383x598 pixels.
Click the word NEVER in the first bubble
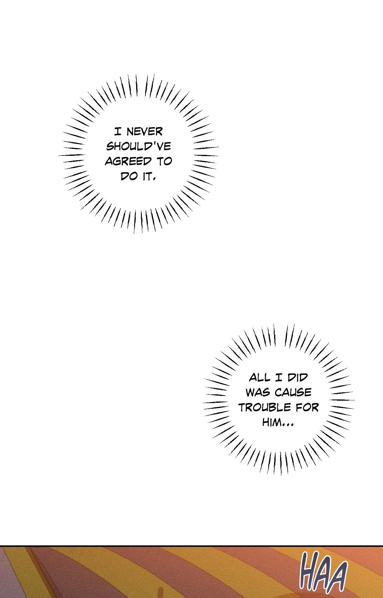(145, 132)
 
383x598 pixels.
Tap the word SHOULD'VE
(139, 147)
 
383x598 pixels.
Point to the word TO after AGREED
(164, 161)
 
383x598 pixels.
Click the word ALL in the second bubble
(260, 378)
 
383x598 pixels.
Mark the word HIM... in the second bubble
(278, 422)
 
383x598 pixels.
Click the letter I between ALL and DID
(279, 378)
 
